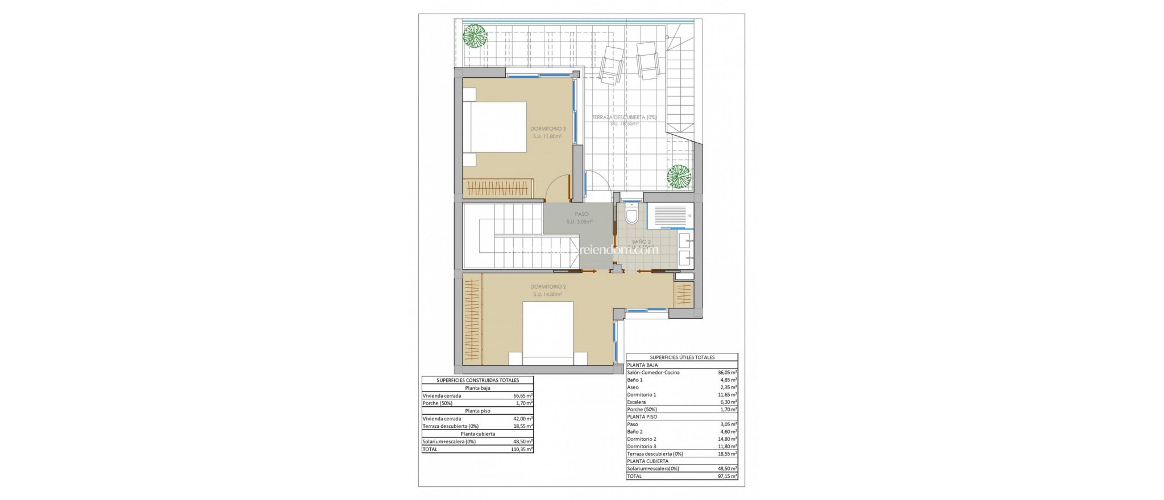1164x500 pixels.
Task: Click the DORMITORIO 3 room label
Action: [547, 129]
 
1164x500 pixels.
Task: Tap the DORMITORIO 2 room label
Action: [547, 287]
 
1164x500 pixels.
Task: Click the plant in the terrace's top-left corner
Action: [474, 35]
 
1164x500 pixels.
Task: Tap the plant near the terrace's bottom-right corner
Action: [679, 177]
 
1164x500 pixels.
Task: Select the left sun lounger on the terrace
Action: [611, 64]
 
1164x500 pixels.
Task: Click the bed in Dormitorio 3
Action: [494, 127]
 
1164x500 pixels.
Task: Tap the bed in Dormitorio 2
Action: [547, 332]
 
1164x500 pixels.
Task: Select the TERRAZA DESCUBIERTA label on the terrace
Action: [624, 118]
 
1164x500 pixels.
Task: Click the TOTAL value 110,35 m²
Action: [522, 449]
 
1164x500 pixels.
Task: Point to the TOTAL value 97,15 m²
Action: [727, 476]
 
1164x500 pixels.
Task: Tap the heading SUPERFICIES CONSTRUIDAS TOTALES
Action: [477, 380]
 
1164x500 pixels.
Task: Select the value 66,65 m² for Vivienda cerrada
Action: [522, 395]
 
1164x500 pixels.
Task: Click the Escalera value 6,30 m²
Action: [727, 402]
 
